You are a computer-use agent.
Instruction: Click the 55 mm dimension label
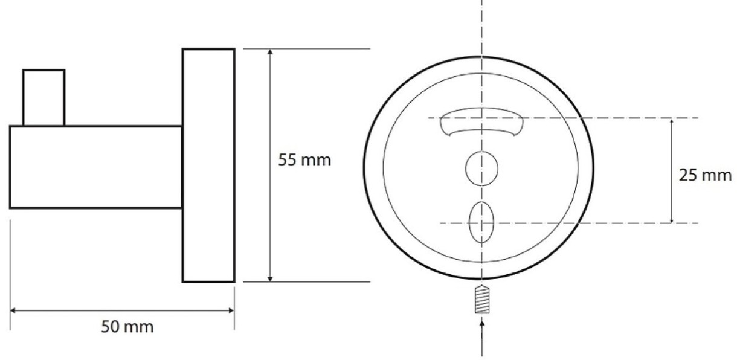304,160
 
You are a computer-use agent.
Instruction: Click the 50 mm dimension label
127,327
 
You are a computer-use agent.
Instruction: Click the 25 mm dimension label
705,175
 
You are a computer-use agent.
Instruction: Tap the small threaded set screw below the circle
482,300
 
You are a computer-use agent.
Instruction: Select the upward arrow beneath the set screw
482,338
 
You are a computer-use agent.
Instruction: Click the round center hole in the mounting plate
481,169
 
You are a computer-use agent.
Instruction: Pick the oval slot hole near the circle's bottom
481,222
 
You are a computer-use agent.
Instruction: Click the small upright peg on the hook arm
43,98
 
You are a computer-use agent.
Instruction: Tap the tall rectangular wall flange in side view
208,166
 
